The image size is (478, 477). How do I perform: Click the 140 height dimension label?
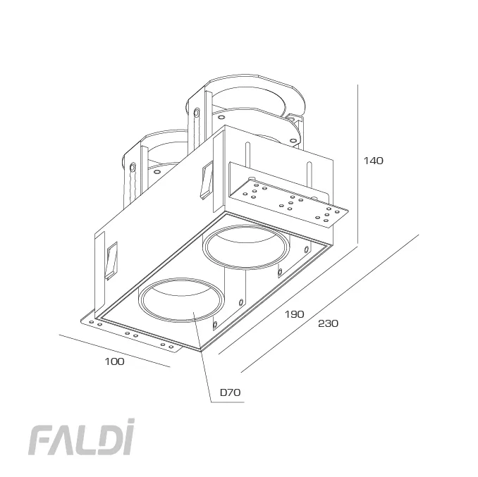pyautogui.click(x=373, y=161)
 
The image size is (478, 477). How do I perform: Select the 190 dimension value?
pyautogui.click(x=294, y=314)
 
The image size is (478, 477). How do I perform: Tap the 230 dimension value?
pyautogui.click(x=328, y=324)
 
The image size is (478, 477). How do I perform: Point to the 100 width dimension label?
pyautogui.click(x=114, y=361)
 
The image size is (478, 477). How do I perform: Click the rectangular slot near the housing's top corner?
pyautogui.click(x=206, y=180)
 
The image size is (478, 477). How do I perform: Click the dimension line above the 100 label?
pyautogui.click(x=116, y=351)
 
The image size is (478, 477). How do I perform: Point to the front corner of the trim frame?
pyautogui.click(x=200, y=350)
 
